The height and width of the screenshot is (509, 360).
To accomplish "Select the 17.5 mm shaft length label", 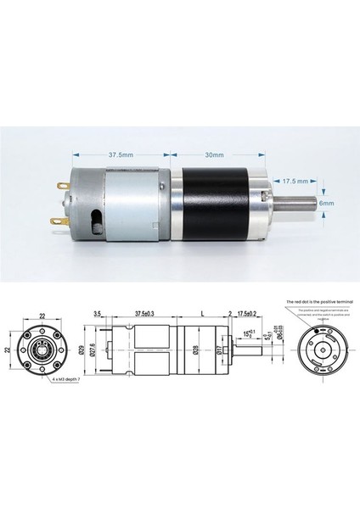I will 294,181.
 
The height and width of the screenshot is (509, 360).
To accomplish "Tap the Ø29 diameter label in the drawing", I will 104,350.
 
